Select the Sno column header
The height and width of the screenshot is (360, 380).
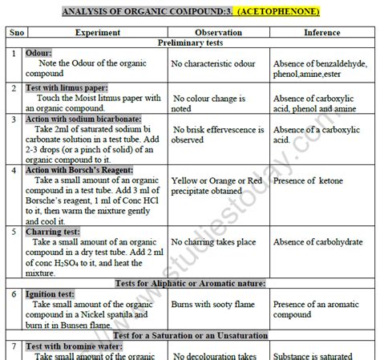click(x=14, y=32)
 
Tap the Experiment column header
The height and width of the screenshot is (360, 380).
click(x=97, y=32)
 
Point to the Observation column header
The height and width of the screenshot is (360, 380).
click(x=218, y=32)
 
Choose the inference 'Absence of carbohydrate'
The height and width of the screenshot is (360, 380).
click(x=321, y=249)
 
